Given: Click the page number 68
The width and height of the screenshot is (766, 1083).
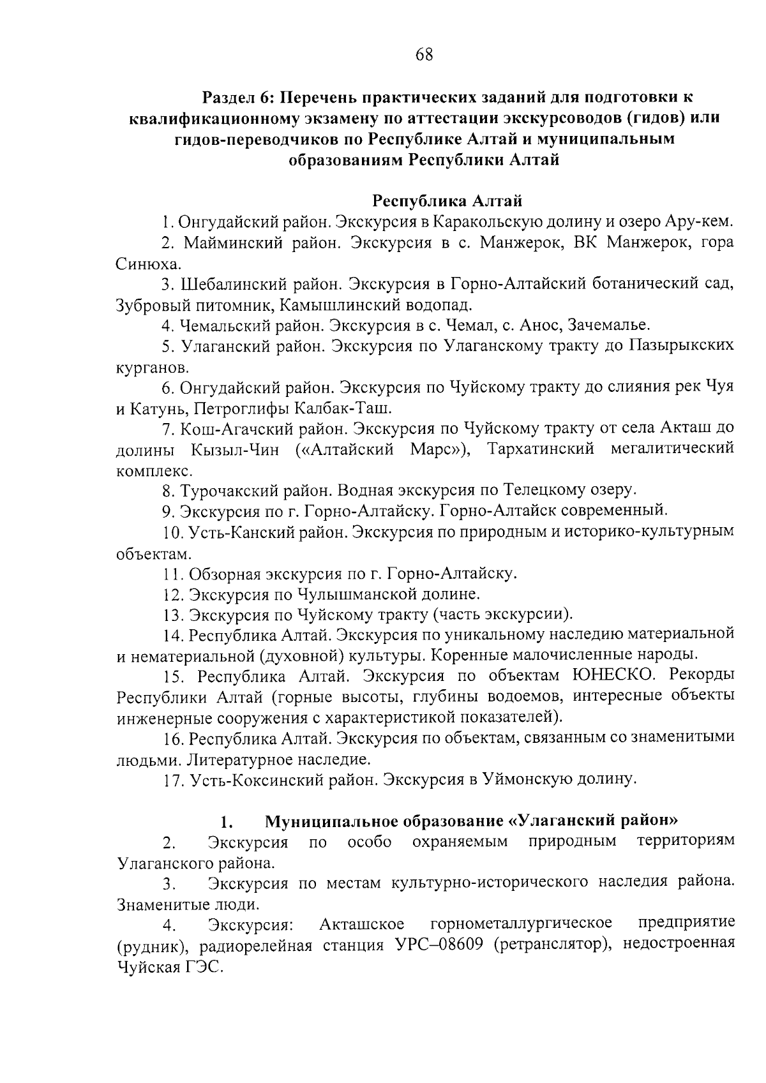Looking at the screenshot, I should (x=424, y=55).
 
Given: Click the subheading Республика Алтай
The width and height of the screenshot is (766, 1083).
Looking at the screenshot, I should (x=447, y=202).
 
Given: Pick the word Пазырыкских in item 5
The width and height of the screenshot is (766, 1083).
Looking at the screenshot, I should (x=681, y=346).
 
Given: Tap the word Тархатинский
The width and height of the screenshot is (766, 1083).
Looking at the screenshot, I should (x=541, y=449).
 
